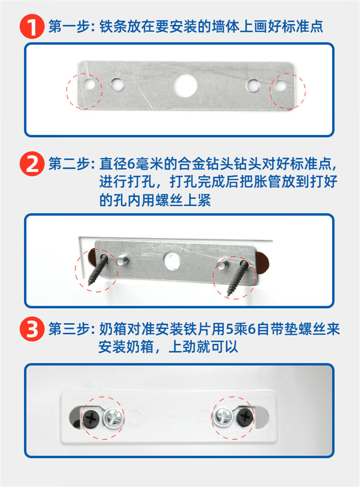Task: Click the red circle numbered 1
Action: click(31, 26)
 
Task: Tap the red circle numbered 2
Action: click(31, 165)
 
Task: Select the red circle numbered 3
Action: click(31, 330)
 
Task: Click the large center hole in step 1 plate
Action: click(184, 85)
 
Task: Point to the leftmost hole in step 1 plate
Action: click(90, 85)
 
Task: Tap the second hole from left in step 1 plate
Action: click(117, 84)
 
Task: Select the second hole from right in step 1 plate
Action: click(252, 84)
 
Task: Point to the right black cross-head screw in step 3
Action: click(245, 415)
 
